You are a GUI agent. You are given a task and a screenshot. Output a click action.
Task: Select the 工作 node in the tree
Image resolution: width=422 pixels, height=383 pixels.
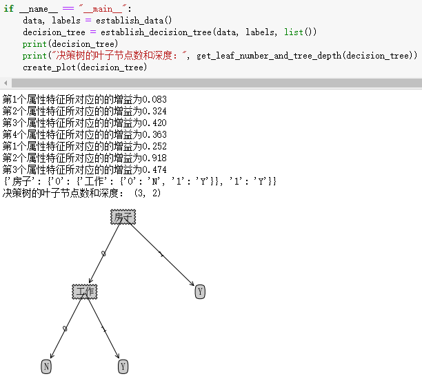[84, 291]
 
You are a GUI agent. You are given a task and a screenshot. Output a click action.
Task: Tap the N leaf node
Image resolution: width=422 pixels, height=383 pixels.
[46, 366]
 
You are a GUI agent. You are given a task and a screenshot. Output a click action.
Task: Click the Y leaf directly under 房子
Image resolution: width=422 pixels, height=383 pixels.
[200, 291]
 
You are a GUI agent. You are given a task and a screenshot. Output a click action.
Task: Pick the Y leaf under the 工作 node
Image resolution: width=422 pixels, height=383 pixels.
[123, 366]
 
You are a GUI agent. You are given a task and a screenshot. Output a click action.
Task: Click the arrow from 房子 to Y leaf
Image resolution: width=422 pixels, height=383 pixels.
[162, 255]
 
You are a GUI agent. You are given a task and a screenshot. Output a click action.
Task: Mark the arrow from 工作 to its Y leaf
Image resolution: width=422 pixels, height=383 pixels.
[103, 329]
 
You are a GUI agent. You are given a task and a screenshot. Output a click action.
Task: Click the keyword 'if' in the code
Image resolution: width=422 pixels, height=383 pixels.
[8, 9]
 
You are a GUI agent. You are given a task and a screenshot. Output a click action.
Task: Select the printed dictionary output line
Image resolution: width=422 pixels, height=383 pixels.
[139, 181]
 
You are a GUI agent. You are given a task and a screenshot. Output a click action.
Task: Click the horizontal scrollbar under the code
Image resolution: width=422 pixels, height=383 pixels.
[207, 83]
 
